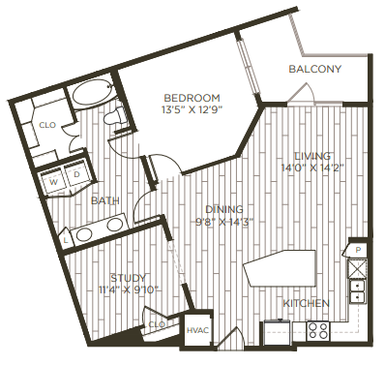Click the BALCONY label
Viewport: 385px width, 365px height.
point(314,70)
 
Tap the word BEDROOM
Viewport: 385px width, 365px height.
point(192,98)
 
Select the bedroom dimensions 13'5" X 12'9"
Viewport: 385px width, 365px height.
point(192,110)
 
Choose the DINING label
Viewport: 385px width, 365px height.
point(222,208)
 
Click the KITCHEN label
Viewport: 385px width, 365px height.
point(306,303)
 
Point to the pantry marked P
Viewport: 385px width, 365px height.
point(357,251)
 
